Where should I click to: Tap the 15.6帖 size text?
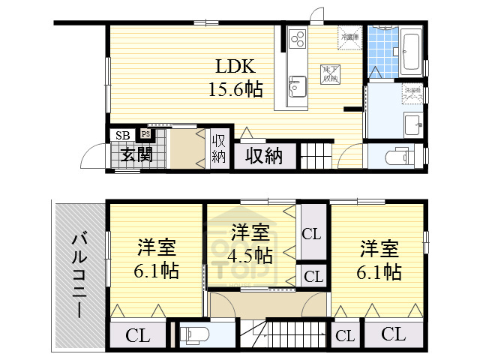click(x=235, y=90)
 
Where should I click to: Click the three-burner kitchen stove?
click(x=296, y=37)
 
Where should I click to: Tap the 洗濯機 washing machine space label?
click(x=412, y=95)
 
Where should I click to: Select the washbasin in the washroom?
click(x=412, y=123)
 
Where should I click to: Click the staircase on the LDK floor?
click(x=316, y=155)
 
